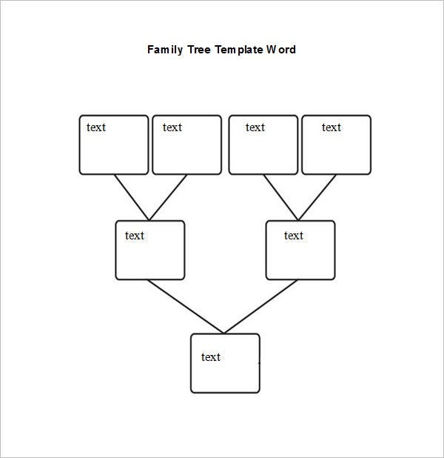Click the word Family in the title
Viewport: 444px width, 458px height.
(x=165, y=50)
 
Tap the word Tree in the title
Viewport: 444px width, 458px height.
(x=199, y=50)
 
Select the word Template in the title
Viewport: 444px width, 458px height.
(x=239, y=50)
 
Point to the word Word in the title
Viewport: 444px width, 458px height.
(x=281, y=50)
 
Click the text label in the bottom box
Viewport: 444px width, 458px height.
(x=211, y=357)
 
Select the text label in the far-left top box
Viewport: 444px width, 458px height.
(x=96, y=127)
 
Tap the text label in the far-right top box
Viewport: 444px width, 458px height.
(x=332, y=127)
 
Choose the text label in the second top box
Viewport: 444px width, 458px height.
(x=172, y=127)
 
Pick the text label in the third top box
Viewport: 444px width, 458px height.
(x=255, y=127)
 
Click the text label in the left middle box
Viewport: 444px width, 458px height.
(x=135, y=236)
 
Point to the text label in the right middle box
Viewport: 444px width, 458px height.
(x=294, y=236)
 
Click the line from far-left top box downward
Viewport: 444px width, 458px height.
(x=132, y=197)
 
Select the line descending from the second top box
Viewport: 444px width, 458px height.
(x=168, y=197)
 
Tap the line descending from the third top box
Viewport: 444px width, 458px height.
(x=281, y=197)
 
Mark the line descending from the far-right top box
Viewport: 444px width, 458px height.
(x=317, y=197)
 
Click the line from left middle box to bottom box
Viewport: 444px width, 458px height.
(x=186, y=306)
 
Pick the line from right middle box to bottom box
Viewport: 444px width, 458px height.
(x=260, y=306)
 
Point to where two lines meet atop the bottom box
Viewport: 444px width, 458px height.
(x=223, y=333)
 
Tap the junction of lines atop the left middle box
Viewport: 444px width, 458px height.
(x=149, y=220)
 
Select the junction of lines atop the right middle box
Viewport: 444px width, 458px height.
(x=298, y=220)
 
